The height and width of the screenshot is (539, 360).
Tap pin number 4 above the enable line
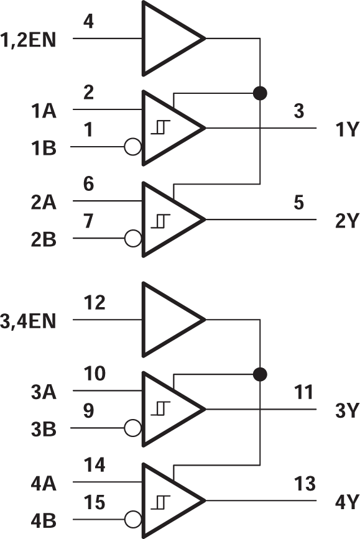(x=88, y=22)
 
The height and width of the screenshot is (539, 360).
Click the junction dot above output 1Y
(x=261, y=93)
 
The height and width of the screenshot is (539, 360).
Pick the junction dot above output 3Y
(x=261, y=374)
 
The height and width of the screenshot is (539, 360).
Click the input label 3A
(x=43, y=392)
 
